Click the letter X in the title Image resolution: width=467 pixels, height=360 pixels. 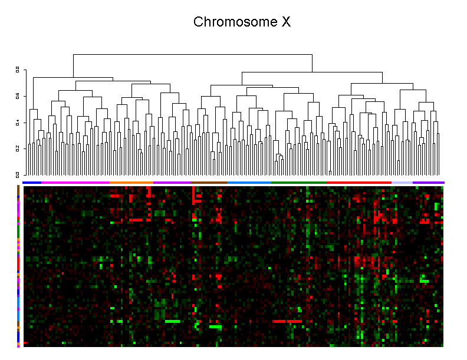[286, 22]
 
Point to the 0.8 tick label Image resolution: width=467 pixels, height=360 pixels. [18, 70]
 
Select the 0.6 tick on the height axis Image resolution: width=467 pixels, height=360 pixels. [18, 96]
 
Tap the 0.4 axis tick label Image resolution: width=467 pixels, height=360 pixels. [18, 123]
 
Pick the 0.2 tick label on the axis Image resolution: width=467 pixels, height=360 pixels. [18, 148]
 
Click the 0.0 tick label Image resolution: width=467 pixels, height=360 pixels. [18, 174]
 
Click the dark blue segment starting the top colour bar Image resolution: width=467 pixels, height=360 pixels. [32, 183]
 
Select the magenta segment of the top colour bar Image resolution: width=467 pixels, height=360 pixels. [75, 183]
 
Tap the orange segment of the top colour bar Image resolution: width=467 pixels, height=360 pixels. [131, 183]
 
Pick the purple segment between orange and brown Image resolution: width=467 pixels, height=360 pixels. [172, 183]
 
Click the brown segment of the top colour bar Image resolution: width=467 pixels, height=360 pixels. [209, 183]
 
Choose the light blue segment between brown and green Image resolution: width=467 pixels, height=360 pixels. [249, 183]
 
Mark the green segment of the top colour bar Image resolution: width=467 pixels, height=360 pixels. [298, 183]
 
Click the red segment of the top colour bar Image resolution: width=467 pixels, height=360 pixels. [359, 183]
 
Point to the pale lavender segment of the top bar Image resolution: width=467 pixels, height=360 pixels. [402, 183]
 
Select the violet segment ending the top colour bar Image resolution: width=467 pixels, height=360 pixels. [428, 183]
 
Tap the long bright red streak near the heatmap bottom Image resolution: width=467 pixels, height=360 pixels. [287, 321]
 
